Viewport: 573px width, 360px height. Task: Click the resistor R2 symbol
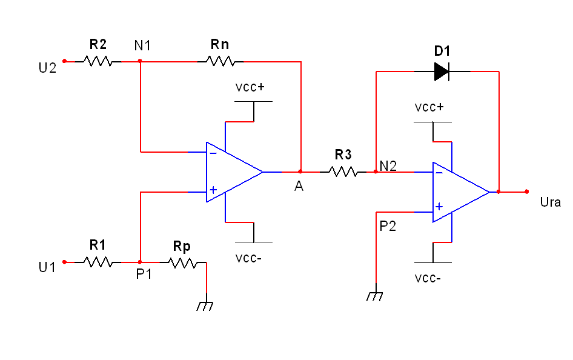coord(98,61)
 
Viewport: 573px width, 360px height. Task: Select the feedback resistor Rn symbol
coord(220,61)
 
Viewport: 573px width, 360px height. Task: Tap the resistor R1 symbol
coord(98,262)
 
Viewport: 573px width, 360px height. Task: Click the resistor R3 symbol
coord(343,172)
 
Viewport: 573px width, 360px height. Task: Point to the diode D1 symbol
coord(442,72)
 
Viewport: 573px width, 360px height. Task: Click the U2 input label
coord(47,67)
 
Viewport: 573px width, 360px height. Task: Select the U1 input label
coord(47,267)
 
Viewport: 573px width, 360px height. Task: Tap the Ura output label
coord(550,202)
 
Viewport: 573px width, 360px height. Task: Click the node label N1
coord(143,45)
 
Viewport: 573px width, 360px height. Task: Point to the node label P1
coord(144,275)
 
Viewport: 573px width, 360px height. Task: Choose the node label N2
coord(388,165)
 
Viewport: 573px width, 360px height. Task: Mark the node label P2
coord(388,226)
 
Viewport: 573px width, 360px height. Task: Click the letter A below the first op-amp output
coord(299,187)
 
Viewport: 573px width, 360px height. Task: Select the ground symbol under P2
coord(376,296)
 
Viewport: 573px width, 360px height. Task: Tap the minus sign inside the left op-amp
coord(213,153)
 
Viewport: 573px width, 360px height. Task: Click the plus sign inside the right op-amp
coord(439,207)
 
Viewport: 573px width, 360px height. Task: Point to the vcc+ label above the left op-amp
coord(250,87)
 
